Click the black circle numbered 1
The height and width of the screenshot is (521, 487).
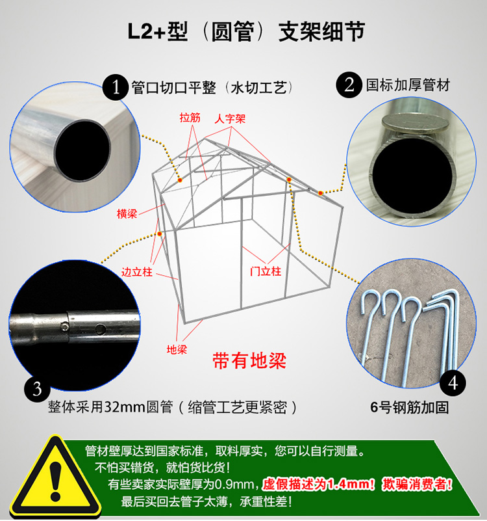pyautogui.click(x=116, y=87)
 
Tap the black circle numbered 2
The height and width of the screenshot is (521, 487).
pyautogui.click(x=349, y=85)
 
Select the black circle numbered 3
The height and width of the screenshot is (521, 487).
pyautogui.click(x=37, y=389)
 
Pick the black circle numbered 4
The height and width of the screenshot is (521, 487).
pyautogui.click(x=453, y=383)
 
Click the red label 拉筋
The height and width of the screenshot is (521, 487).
pyautogui.click(x=190, y=117)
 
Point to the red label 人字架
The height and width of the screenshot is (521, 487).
pyautogui.click(x=230, y=118)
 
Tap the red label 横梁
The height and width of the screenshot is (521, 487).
pyautogui.click(x=127, y=213)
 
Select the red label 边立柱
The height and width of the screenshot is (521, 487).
pyautogui.click(x=136, y=272)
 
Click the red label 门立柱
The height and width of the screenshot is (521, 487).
pyautogui.click(x=266, y=271)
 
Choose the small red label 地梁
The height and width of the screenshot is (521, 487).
pyautogui.click(x=177, y=349)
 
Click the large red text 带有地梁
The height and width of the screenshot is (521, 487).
pyautogui.click(x=249, y=361)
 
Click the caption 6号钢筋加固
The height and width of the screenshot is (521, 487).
pyautogui.click(x=409, y=407)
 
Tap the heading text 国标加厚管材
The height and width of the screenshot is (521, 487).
pyautogui.click(x=408, y=85)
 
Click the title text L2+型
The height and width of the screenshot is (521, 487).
pyautogui.click(x=158, y=32)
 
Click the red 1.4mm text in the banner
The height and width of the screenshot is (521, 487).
pyautogui.click(x=351, y=484)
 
